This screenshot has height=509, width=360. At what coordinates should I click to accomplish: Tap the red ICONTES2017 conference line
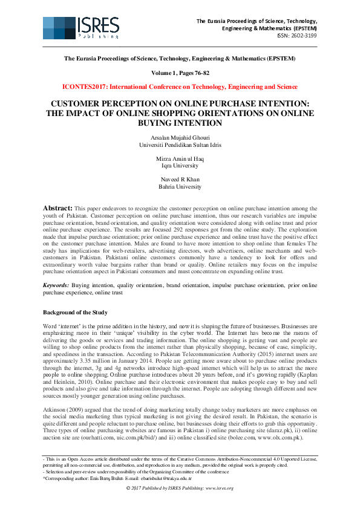coord(180,86)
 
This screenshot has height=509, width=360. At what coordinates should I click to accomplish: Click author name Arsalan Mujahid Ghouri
coord(180,138)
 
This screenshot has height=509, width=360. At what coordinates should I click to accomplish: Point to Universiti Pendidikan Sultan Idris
coord(180,145)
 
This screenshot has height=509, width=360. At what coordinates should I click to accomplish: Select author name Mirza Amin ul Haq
coord(180,158)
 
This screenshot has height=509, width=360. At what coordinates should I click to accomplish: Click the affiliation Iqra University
coord(180,164)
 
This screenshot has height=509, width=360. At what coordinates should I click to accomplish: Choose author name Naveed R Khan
coord(180,179)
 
